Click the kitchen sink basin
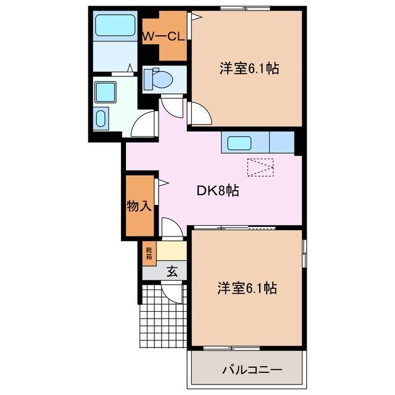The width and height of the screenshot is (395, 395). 239,143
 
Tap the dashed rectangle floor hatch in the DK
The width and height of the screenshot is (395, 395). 259,167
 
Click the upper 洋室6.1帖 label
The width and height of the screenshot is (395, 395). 249,69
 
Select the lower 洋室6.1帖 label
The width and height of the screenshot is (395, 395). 246,288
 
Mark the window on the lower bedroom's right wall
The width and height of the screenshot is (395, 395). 304,252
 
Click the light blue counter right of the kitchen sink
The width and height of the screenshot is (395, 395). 281,143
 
